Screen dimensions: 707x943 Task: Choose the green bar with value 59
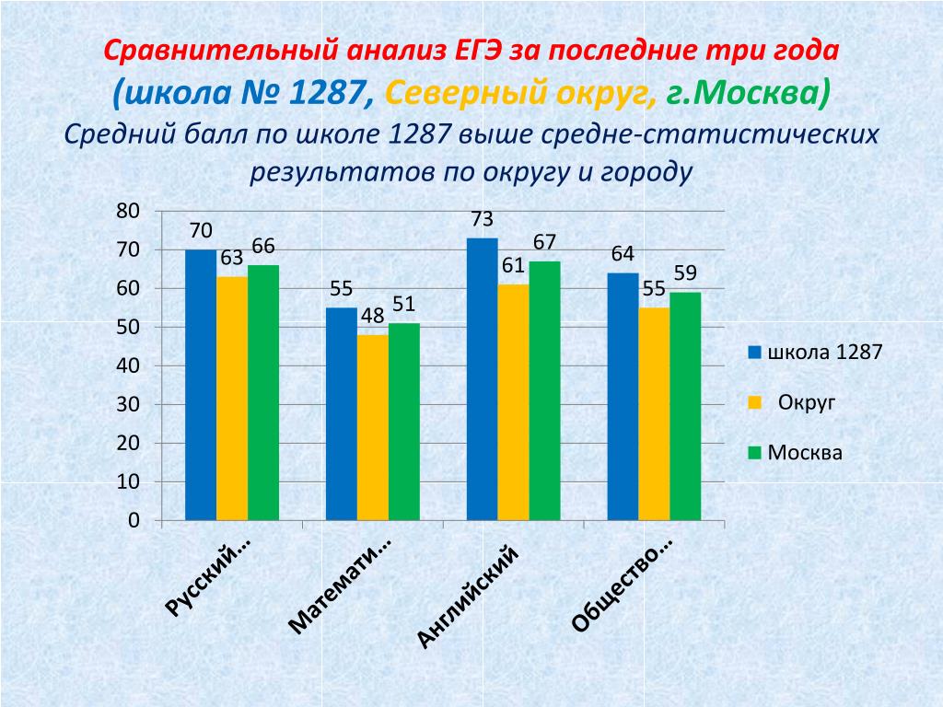pos(685,406)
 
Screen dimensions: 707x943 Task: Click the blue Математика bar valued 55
pos(342,414)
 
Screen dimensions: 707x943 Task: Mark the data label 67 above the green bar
pos(544,242)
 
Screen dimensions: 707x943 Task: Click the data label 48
pos(372,316)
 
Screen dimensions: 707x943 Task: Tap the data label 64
pos(623,254)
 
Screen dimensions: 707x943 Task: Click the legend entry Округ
pos(807,402)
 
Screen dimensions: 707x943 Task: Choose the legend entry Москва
pos(805,453)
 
